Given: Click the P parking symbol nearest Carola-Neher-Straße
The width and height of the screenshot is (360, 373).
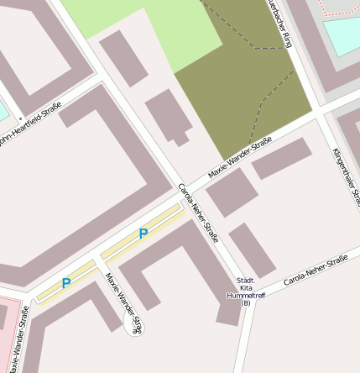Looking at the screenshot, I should click(143, 234).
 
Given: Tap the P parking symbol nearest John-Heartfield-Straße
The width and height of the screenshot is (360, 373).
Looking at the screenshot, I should click(65, 284).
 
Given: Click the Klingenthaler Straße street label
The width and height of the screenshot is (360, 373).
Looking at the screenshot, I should click(345, 176).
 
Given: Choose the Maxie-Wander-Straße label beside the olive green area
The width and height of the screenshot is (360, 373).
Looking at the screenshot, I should click(239, 157).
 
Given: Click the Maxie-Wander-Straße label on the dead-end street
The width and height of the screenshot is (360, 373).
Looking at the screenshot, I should click(125, 302).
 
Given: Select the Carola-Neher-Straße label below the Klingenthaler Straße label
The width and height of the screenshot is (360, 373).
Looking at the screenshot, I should click(316, 271).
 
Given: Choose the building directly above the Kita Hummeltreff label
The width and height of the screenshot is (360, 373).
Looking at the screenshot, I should click(252, 250).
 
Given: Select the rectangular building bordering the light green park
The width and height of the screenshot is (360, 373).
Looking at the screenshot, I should click(124, 58).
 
